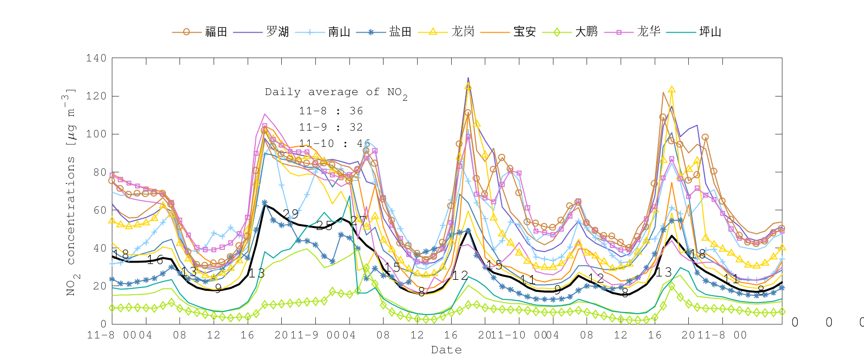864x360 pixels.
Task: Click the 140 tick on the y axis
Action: point(96,58)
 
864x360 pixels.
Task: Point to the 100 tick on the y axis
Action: point(96,134)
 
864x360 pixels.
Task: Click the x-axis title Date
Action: point(446,350)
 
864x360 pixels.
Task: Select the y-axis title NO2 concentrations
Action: point(71,192)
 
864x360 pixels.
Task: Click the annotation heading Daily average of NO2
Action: point(336,92)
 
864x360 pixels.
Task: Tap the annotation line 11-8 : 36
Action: point(331,111)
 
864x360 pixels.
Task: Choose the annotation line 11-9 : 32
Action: point(331,127)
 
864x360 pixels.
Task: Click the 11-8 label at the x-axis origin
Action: point(101,335)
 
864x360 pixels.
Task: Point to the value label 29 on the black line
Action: point(290,214)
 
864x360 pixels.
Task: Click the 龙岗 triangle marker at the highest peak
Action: point(468,86)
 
